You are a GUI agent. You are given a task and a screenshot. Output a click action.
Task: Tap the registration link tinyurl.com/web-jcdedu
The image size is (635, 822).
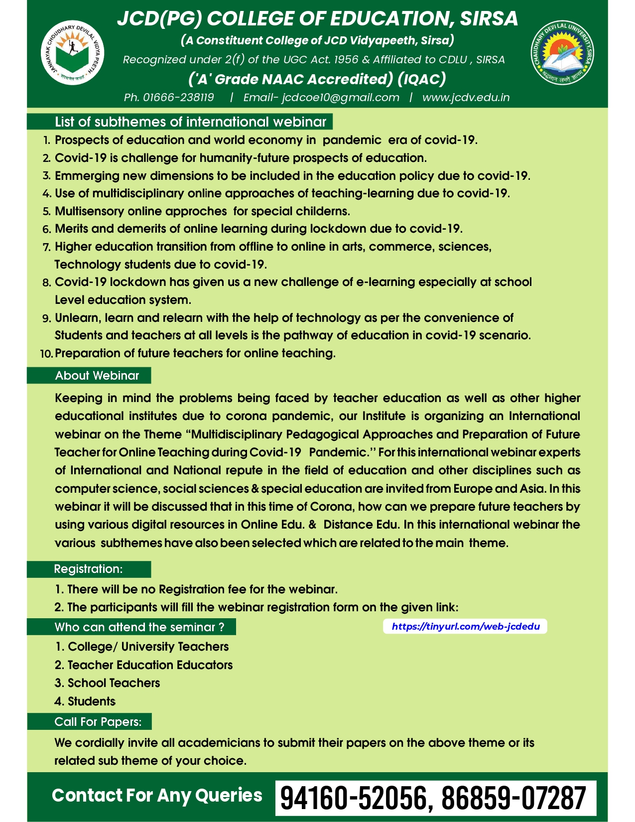[465, 626]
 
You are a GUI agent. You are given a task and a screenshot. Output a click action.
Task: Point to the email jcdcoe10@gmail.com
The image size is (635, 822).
[341, 97]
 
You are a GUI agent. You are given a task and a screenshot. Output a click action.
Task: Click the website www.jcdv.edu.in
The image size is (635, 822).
[466, 97]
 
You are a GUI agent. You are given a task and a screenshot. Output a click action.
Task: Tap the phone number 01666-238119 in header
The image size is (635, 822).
[178, 97]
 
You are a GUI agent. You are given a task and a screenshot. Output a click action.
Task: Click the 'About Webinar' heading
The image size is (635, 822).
[97, 376]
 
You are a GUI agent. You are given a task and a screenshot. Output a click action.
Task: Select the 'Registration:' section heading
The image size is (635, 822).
[88, 569]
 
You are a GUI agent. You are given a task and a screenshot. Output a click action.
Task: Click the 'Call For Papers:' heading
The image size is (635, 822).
[98, 721]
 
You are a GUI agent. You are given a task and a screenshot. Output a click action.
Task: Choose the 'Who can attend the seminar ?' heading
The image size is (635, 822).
[139, 627]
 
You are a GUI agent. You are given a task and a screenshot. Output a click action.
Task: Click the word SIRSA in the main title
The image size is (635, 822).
[489, 18]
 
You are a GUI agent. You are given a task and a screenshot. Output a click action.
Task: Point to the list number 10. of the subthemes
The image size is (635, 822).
[46, 354]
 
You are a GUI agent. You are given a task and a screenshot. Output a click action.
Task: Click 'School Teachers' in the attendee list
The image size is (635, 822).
[114, 683]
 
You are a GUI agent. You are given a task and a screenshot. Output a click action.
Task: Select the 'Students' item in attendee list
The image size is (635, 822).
[92, 701]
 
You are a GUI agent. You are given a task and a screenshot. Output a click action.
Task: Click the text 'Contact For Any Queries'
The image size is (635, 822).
[157, 795]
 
